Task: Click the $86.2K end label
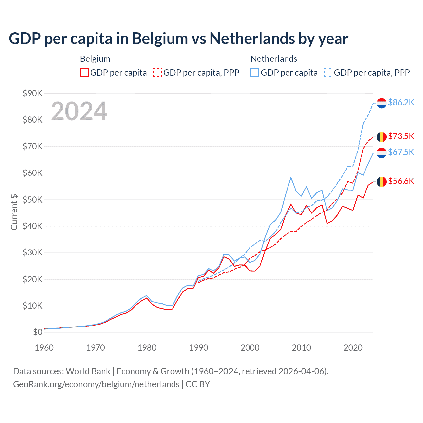coord(401,103)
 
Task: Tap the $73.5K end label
coord(401,136)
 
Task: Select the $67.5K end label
coord(401,152)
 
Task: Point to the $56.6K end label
coord(401,181)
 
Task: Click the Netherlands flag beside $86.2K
coord(382,103)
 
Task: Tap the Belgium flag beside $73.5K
coord(382,136)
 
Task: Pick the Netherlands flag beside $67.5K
coord(382,153)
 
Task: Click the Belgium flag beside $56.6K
coord(382,181)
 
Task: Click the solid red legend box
coord(84,73)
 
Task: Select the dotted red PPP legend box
coord(157,73)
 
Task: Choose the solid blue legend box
coord(255,73)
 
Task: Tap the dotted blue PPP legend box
coord(328,73)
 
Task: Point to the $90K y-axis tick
coord(32,93)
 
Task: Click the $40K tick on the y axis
coord(32,226)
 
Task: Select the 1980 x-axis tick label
coord(147,348)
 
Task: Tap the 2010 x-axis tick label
coord(301,348)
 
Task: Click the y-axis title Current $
coord(14,212)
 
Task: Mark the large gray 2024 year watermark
coord(79,111)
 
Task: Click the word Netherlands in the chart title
coord(252,39)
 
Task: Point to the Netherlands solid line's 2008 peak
coord(291,177)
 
